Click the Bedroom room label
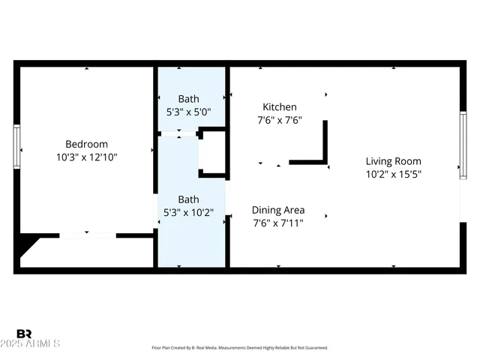tap(86, 144)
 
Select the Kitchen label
tap(279, 107)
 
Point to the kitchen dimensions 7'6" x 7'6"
tap(279, 120)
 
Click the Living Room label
tap(393, 161)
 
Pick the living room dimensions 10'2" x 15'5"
tap(393, 174)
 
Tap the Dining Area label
tap(277, 210)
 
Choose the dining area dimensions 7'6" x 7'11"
tap(277, 223)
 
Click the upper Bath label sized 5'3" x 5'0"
tap(188, 99)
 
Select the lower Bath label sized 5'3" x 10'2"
tap(188, 199)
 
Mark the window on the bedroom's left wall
tap(16, 146)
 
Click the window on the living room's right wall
tap(463, 145)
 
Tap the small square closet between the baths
tap(212, 154)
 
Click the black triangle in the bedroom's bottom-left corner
tap(26, 245)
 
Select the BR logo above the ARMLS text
tap(24, 334)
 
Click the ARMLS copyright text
tap(37, 343)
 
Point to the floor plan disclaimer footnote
tap(240, 348)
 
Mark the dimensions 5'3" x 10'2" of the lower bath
tap(188, 212)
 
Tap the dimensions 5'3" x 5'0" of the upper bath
tap(188, 112)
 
